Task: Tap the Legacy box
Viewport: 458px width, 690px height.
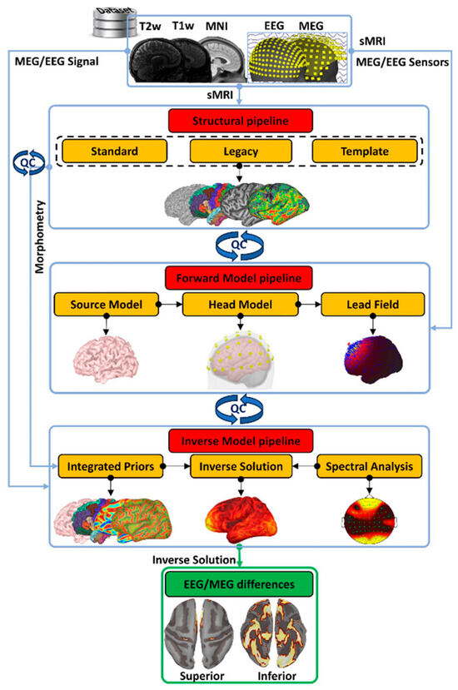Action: [241, 151]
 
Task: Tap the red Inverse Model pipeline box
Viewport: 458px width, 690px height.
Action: [241, 438]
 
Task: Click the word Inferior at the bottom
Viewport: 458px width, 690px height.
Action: [285, 676]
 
